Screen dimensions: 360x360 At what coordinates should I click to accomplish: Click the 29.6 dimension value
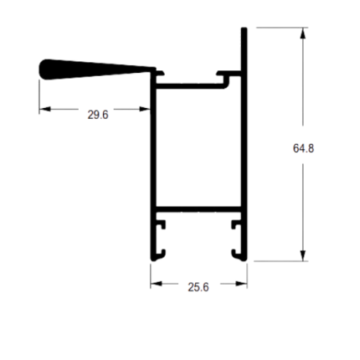(98, 115)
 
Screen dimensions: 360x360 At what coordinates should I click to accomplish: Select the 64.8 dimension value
(303, 148)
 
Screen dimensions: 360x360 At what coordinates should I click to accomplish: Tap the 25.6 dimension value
(198, 287)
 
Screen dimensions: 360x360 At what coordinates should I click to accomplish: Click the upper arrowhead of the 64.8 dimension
(303, 33)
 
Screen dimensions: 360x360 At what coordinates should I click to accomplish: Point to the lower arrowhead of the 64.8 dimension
(303, 255)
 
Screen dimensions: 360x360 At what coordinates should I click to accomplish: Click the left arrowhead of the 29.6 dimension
(45, 109)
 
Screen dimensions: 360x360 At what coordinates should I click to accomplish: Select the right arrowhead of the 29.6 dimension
(145, 109)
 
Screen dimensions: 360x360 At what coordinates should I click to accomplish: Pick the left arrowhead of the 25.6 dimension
(157, 284)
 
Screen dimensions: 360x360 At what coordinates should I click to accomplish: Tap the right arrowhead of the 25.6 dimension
(241, 284)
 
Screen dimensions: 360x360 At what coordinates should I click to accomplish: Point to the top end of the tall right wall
(244, 28)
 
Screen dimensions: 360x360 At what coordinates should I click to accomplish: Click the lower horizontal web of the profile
(198, 209)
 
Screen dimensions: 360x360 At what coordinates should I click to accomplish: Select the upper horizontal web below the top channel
(191, 86)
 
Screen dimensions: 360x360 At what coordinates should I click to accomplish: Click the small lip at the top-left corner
(160, 73)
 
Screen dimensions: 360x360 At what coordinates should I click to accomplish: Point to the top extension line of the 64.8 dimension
(282, 28)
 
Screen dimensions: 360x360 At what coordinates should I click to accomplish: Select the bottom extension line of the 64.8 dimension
(280, 261)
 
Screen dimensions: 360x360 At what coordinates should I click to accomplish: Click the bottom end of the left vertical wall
(153, 260)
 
